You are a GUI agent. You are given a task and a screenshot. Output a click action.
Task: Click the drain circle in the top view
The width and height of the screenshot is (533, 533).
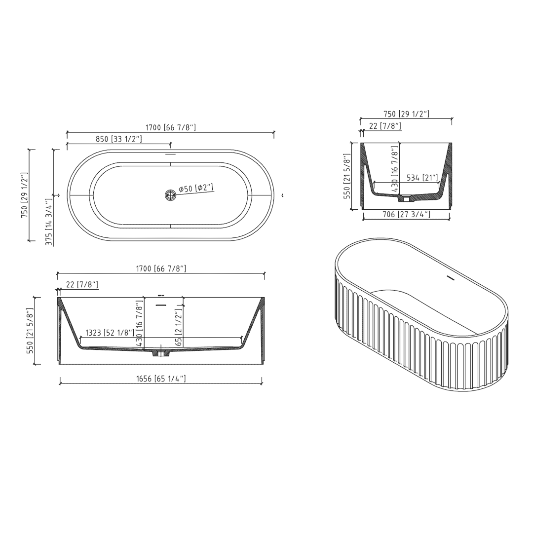click(x=170, y=195)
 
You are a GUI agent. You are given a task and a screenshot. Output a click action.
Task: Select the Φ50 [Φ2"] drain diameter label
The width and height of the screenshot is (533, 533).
click(x=196, y=188)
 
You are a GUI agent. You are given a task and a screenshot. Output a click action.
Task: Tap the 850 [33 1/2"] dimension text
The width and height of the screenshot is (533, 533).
click(x=118, y=139)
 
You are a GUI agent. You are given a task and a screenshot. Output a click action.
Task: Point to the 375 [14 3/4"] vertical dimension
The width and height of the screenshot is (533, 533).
click(x=49, y=222)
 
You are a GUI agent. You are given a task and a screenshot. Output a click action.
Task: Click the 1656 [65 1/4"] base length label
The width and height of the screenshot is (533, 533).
click(x=161, y=379)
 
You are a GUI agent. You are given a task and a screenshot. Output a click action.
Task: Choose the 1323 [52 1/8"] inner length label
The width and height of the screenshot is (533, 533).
click(x=110, y=333)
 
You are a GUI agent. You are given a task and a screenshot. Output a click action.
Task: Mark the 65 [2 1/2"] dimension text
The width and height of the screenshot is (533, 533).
click(x=179, y=327)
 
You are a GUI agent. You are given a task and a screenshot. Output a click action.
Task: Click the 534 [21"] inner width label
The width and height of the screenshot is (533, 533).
click(x=422, y=178)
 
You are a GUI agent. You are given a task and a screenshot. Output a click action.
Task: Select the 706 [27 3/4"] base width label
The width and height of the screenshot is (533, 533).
click(x=407, y=214)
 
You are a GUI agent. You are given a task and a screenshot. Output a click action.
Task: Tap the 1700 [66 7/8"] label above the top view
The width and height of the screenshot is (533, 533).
click(x=171, y=127)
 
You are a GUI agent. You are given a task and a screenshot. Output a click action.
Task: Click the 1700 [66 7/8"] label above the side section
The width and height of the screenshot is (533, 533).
click(x=161, y=268)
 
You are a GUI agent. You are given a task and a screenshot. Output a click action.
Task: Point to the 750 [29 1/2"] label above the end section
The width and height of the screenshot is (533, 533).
click(x=406, y=114)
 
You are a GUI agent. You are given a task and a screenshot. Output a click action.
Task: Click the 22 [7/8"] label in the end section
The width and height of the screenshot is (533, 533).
click(x=385, y=126)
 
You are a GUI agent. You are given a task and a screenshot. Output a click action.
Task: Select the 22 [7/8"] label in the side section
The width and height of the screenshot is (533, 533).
click(x=82, y=285)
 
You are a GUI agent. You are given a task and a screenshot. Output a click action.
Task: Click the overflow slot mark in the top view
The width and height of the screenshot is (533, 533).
click(x=170, y=154)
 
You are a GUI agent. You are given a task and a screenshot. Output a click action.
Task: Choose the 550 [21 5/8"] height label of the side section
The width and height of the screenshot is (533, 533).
click(x=30, y=331)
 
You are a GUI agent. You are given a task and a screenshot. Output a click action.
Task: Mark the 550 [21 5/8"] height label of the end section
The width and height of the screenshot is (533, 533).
click(x=347, y=176)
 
